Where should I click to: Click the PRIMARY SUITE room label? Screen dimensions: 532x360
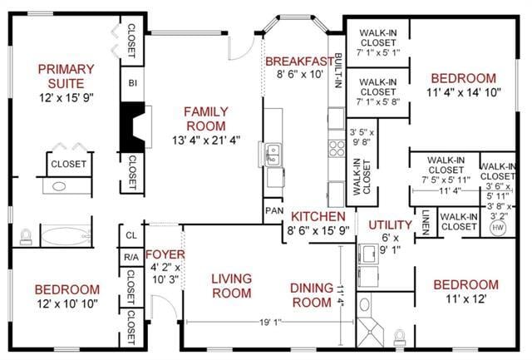click(x=66, y=76)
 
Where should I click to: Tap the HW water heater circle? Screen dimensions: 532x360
click(x=498, y=227)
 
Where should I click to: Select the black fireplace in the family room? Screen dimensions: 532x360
click(x=133, y=127)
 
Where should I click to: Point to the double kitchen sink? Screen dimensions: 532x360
click(x=273, y=155)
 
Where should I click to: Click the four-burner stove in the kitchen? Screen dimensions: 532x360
click(x=337, y=148)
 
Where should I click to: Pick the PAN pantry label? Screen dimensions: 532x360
click(x=274, y=210)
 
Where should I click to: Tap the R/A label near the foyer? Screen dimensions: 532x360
click(x=131, y=258)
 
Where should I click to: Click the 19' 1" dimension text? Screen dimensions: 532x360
click(x=270, y=322)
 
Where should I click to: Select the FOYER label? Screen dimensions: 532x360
click(x=165, y=254)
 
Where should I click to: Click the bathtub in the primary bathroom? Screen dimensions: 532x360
click(x=66, y=236)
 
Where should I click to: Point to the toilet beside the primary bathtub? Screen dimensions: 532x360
click(x=26, y=236)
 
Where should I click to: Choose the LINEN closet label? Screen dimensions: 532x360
click(x=426, y=222)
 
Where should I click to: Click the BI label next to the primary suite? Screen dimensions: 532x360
click(x=133, y=83)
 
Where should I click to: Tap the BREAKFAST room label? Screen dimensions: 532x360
click(x=299, y=62)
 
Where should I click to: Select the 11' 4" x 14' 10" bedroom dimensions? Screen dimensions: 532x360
click(x=464, y=92)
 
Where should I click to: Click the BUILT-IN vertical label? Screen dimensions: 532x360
click(x=338, y=71)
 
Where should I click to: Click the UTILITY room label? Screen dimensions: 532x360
click(x=390, y=225)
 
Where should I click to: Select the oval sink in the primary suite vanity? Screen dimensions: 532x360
click(x=59, y=186)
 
